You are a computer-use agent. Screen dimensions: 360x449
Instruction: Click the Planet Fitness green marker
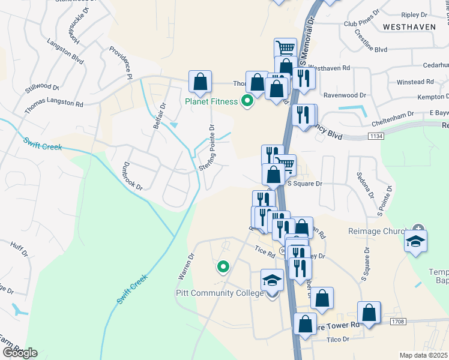tap(246, 101)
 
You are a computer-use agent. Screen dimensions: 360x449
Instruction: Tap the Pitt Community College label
tap(219, 293)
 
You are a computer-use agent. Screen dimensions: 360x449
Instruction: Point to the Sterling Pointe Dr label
tap(212, 148)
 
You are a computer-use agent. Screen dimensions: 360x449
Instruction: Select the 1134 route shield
tap(377, 137)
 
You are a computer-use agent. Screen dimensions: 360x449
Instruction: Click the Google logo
tap(20, 353)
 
